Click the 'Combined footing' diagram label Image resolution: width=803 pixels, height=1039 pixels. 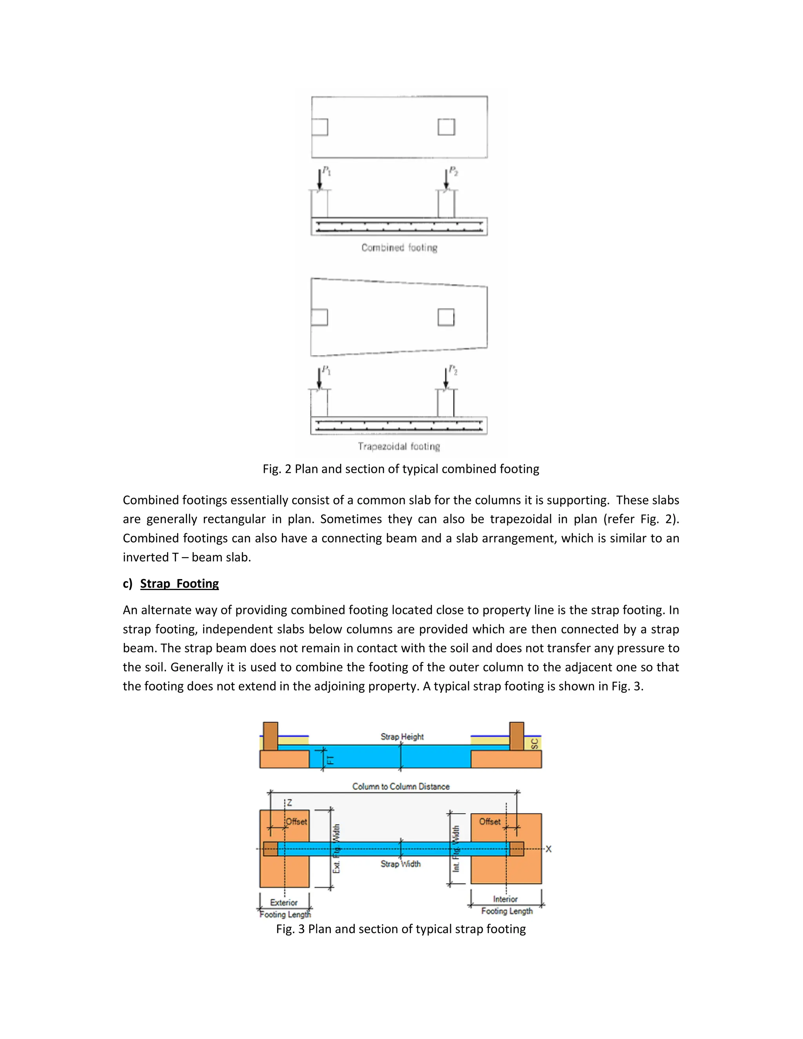(399, 247)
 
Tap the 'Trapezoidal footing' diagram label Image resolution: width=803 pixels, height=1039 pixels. (399, 446)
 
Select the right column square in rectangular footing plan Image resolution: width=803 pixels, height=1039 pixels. (446, 127)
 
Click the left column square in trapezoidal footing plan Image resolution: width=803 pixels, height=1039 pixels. (319, 317)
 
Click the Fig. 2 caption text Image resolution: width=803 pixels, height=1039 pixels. (401, 469)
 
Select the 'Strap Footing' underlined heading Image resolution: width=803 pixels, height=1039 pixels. (179, 584)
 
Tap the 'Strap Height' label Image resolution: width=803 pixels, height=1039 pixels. (402, 736)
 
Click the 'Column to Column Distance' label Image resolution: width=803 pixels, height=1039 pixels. (401, 787)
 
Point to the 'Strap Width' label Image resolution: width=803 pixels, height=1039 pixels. (401, 864)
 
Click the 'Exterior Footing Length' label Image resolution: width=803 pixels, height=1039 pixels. (285, 908)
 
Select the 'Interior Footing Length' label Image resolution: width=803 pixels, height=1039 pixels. (506, 905)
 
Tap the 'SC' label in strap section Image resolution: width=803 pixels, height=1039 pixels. (535, 743)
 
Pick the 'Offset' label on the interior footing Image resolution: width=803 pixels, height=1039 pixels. (489, 821)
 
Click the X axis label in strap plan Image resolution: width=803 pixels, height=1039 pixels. (549, 849)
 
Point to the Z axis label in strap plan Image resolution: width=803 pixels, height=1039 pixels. (289, 803)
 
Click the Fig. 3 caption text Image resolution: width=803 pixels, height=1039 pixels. (401, 929)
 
